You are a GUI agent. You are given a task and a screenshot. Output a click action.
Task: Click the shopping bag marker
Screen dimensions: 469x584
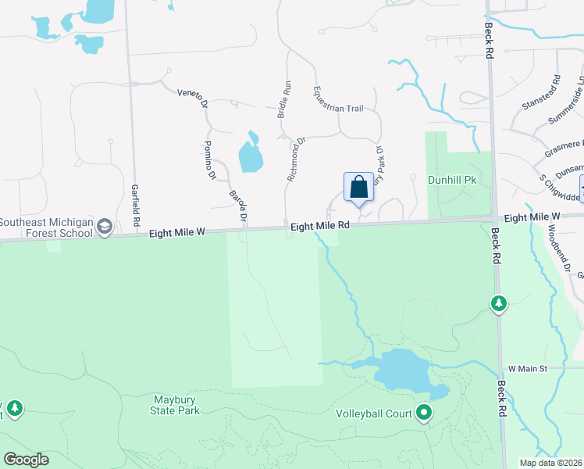358,188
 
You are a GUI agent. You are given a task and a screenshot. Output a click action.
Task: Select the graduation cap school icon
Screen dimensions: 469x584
103,227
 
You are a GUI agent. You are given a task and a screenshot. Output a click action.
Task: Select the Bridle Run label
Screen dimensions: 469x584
284,100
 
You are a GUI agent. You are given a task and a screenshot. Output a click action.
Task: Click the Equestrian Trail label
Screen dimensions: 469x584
338,98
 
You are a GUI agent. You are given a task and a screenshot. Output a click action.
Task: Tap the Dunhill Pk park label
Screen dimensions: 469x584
452,180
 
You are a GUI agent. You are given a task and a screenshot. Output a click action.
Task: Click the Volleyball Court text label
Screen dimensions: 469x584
373,414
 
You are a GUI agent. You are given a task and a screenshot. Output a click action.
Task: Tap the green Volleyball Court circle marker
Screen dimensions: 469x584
424,412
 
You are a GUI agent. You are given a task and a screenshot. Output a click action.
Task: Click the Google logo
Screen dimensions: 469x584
26,460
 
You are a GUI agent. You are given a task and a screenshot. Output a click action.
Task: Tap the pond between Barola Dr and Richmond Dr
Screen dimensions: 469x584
250,154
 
